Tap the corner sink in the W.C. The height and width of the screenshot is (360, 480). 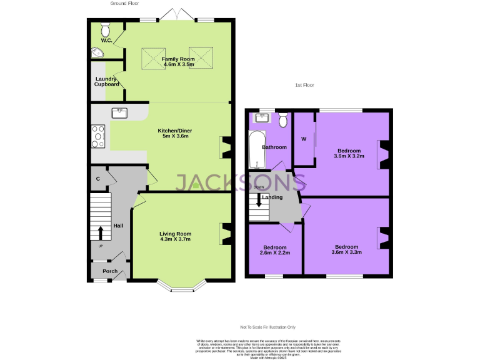97,53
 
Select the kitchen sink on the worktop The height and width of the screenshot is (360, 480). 119,113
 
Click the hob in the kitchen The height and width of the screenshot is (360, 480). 99,136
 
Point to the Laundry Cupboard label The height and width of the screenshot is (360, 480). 107,81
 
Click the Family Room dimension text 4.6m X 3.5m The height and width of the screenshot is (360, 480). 179,64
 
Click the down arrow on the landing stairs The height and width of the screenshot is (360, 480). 259,201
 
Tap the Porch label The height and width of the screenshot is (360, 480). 110,271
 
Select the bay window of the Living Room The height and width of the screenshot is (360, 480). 183,286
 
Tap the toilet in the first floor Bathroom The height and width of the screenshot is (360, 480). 282,119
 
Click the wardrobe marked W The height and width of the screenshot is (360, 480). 304,139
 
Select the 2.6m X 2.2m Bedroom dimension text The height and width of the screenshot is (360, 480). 275,252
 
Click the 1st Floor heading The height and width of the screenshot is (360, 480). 304,84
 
